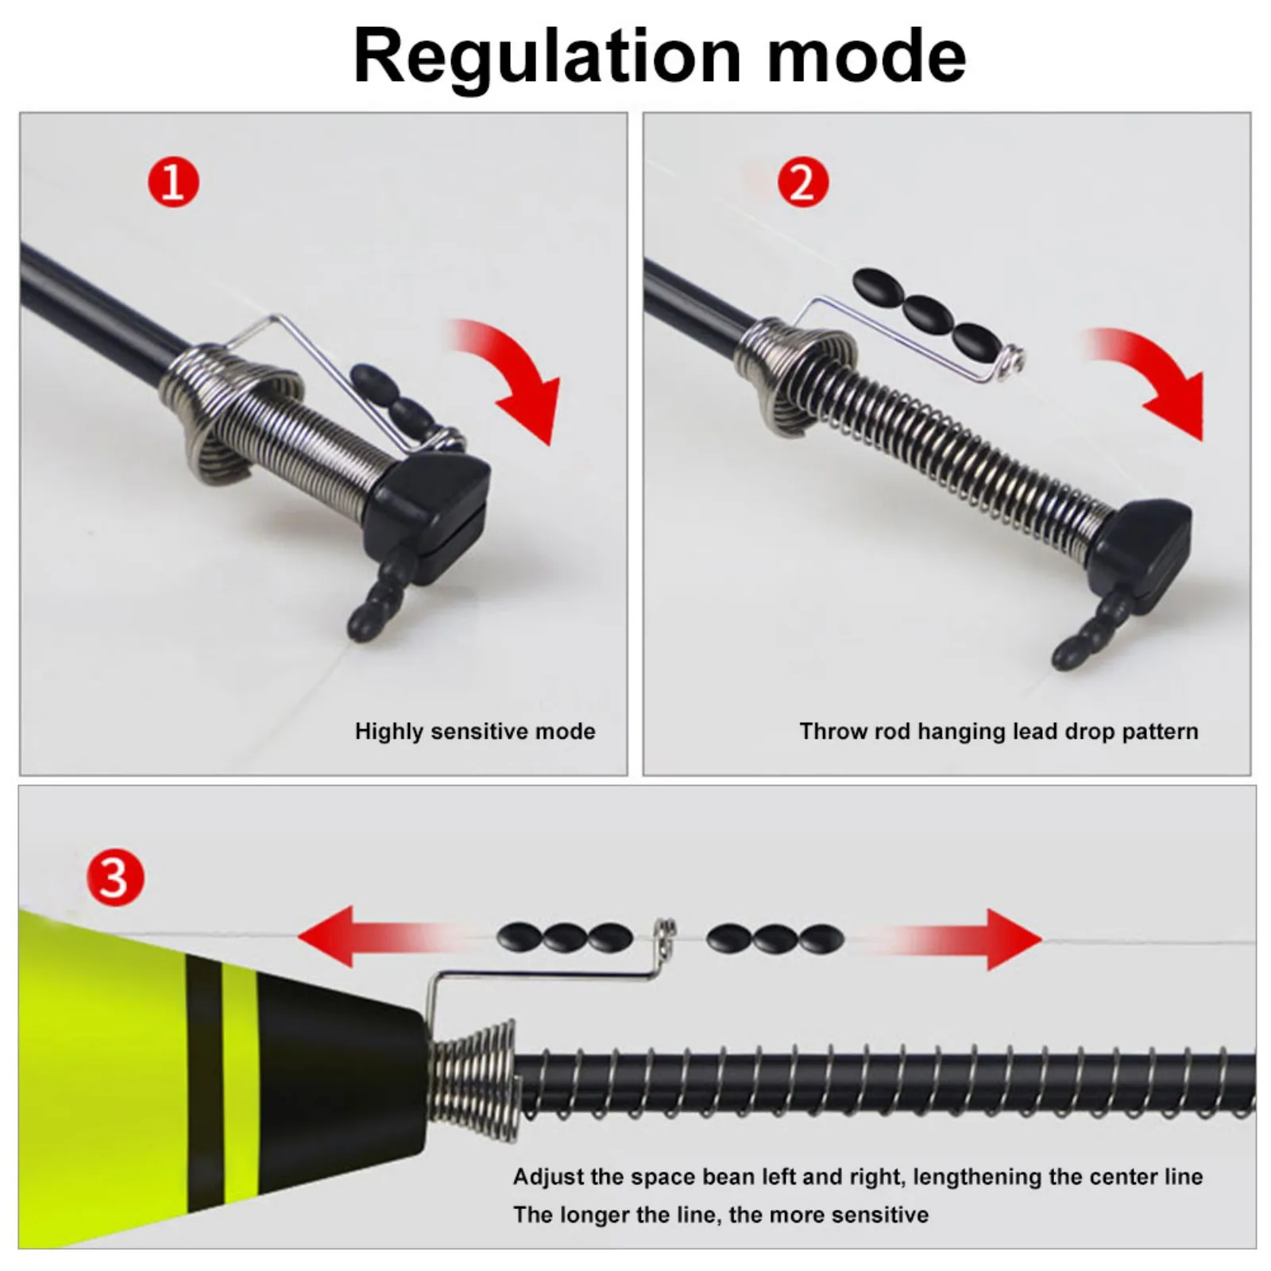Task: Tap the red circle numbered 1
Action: coord(173,183)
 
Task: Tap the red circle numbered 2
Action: coord(802,183)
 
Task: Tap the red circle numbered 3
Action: coord(115,879)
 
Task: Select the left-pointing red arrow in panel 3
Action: coord(381,938)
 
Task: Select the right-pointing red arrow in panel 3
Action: coord(953,939)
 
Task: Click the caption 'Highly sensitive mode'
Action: coord(475,731)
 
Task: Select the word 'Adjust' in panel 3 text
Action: coord(549,1177)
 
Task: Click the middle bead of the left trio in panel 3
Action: coord(565,938)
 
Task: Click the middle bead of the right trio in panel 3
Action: coord(775,938)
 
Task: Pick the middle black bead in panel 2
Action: coord(928,313)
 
